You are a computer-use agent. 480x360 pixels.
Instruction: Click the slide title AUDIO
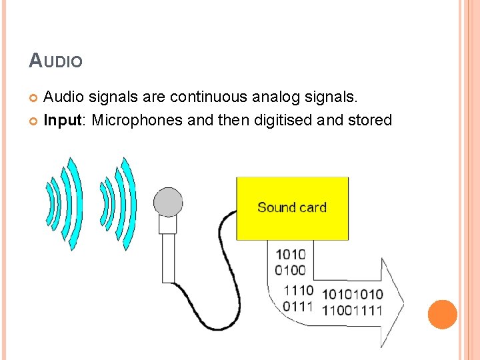coord(56,61)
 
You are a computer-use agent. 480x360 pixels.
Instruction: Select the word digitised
coord(283,121)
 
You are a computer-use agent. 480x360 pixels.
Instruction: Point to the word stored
coord(369,121)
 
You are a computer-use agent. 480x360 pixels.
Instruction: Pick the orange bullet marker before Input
coord(34,121)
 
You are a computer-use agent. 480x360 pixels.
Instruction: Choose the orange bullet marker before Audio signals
coord(34,99)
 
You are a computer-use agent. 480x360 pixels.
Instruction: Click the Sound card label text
coord(292,207)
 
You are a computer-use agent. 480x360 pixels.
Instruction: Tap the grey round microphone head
coord(168,201)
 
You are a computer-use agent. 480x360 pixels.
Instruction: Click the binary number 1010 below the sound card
coord(290,254)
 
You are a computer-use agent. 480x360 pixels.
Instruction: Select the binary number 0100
coord(290,270)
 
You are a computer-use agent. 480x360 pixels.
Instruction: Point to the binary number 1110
coord(298,290)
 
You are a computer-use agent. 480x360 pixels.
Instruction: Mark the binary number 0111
coord(298,306)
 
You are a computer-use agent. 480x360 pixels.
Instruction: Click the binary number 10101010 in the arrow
coord(352,294)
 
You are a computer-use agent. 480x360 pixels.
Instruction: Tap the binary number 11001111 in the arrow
coord(352,310)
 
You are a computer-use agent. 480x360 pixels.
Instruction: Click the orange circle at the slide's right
coord(442,314)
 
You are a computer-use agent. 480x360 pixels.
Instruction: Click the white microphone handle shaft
coord(168,257)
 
